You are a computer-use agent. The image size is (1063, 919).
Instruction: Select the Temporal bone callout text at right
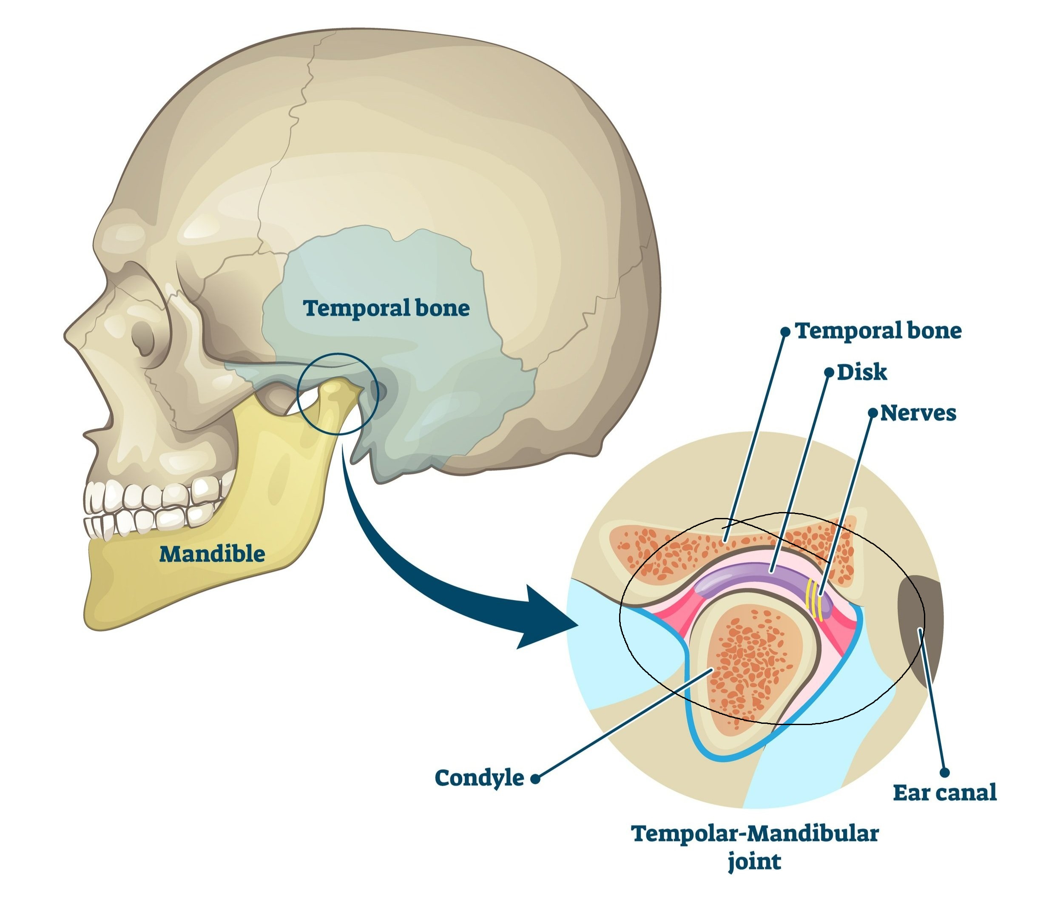pos(878,331)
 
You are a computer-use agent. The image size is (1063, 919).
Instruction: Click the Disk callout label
pos(862,372)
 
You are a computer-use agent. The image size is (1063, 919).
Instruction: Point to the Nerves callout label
pos(918,413)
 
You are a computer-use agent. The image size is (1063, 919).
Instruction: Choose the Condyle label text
pos(479,778)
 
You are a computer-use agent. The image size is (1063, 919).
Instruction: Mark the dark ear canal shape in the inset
pos(918,628)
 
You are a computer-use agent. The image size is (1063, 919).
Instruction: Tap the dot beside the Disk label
pos(829,373)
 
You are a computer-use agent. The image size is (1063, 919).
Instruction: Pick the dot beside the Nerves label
pos(872,413)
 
